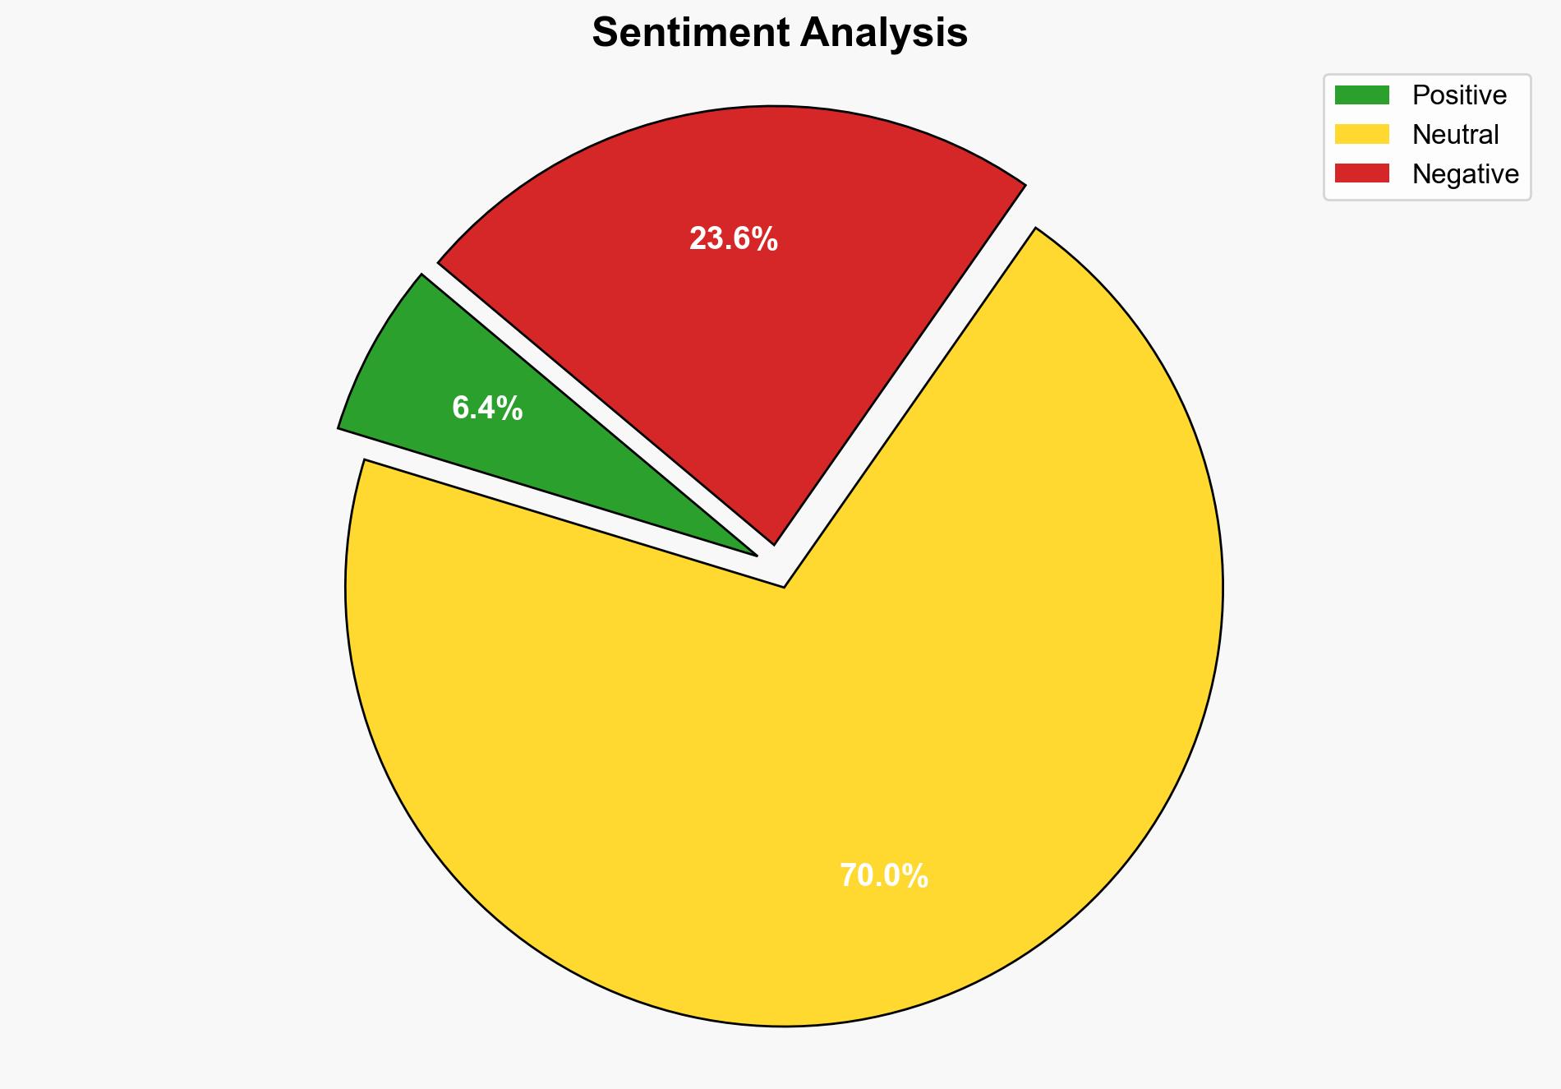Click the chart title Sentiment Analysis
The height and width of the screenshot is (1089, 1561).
pyautogui.click(x=780, y=34)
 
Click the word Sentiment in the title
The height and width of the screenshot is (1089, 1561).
pyautogui.click(x=691, y=34)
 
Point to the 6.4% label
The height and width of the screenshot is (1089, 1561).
pyautogui.click(x=487, y=408)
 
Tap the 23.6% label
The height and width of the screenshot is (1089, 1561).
pyautogui.click(x=733, y=239)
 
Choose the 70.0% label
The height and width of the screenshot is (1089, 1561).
pyautogui.click(x=883, y=876)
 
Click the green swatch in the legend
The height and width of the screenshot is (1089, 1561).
pyautogui.click(x=1361, y=95)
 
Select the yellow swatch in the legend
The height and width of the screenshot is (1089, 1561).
pyautogui.click(x=1361, y=134)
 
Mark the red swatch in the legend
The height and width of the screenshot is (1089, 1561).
pyautogui.click(x=1361, y=173)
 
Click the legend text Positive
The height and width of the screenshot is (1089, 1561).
pyautogui.click(x=1459, y=95)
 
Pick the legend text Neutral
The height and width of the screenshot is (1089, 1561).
pyautogui.click(x=1455, y=134)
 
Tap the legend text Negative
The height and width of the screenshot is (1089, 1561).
pyautogui.click(x=1465, y=173)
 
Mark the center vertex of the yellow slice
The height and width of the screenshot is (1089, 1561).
pyautogui.click(x=785, y=586)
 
